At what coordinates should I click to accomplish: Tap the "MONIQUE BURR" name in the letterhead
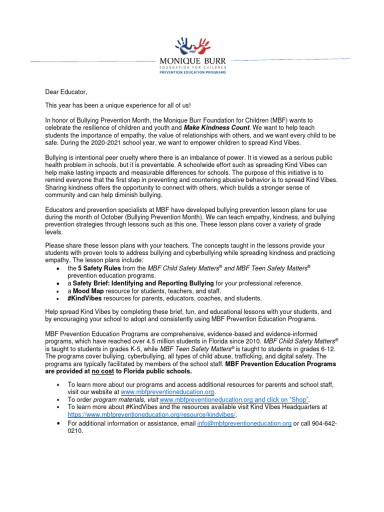192,61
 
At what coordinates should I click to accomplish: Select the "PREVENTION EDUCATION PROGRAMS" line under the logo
192,72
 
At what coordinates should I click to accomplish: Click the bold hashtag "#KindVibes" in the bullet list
84,298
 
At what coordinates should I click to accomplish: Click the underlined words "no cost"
102,371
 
